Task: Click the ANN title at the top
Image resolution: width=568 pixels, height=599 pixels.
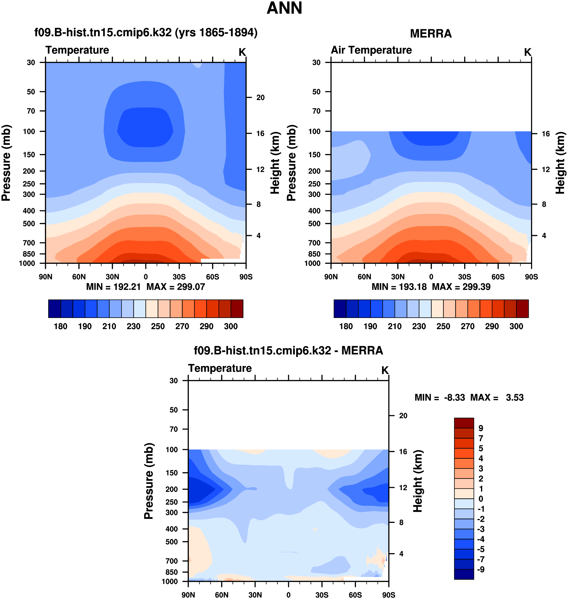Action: click(x=284, y=9)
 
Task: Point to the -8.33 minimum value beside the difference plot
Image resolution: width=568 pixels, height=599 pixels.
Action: click(x=454, y=397)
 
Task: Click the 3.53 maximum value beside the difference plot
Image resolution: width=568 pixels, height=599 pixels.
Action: click(x=514, y=397)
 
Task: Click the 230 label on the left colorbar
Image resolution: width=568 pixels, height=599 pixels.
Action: click(x=134, y=326)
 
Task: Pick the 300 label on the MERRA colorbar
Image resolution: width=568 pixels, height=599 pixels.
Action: click(x=516, y=326)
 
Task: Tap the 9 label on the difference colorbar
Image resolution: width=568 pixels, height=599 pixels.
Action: click(x=481, y=428)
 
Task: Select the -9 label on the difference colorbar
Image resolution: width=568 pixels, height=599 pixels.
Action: click(x=481, y=569)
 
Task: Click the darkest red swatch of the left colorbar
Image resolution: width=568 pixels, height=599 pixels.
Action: click(x=237, y=309)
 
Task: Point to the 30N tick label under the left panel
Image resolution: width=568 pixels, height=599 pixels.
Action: click(x=112, y=277)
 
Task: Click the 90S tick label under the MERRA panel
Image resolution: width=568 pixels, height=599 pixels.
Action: click(x=531, y=277)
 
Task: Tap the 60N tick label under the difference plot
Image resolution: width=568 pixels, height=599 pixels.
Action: click(x=222, y=595)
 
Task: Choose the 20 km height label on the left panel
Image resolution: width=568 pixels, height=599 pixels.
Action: click(x=260, y=98)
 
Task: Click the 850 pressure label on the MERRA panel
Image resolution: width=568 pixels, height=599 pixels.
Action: click(x=314, y=254)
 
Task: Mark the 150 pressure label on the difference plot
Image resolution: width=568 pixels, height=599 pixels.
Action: click(x=172, y=473)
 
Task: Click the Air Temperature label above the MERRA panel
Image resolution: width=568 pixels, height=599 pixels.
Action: click(x=371, y=50)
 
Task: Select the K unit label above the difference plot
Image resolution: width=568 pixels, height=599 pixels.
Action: click(x=385, y=370)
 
